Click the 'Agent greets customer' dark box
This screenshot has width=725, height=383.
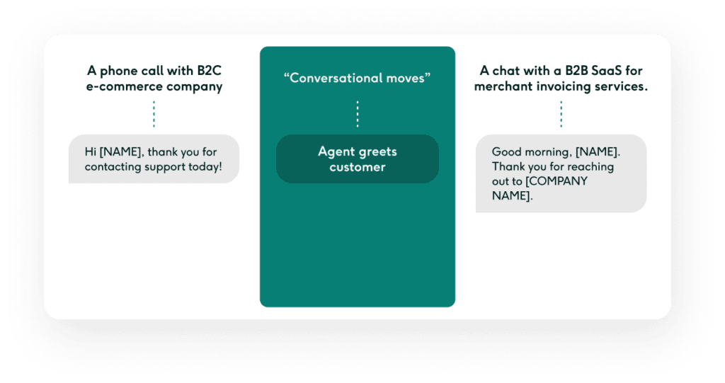coord(357,159)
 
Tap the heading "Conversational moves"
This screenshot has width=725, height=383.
coord(357,78)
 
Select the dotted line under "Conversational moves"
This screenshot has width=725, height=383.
coord(358,114)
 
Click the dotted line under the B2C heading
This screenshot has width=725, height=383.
coord(154,114)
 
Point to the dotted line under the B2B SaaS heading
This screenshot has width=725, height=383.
coord(561,114)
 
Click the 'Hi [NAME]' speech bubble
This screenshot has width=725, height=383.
coord(154,159)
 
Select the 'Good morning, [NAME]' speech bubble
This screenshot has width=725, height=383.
coord(561,173)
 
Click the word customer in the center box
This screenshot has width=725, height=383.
coord(358,167)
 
